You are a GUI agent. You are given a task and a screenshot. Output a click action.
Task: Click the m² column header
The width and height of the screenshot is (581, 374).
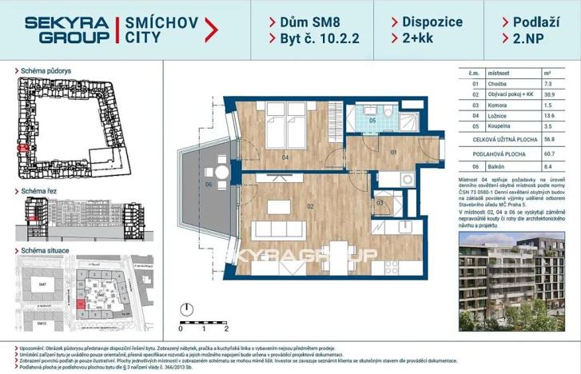tap(549, 72)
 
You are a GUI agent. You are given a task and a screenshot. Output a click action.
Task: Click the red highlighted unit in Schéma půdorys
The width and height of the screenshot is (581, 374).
tap(24, 148)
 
